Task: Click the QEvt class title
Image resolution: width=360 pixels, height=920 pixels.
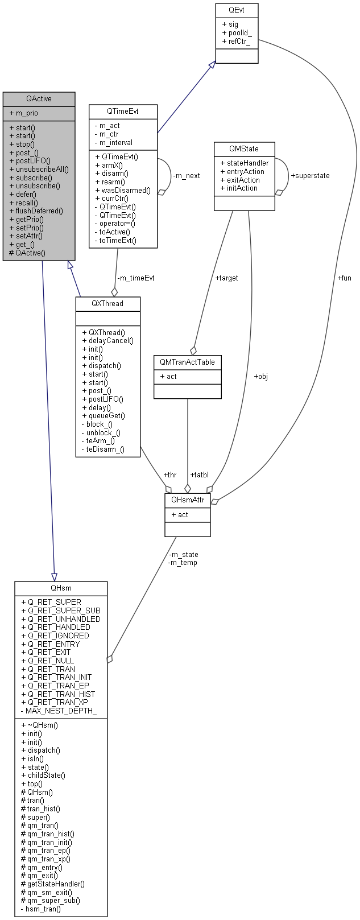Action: pyautogui.click(x=237, y=10)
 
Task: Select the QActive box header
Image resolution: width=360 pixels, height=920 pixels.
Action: pyautogui.click(x=39, y=98)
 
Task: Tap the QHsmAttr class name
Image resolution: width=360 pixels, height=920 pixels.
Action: pyautogui.click(x=187, y=500)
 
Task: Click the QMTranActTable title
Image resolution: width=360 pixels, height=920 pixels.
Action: pyautogui.click(x=187, y=362)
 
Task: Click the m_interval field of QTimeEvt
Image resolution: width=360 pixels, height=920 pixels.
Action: pyautogui.click(x=115, y=142)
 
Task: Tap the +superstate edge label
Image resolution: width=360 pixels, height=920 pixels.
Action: pyautogui.click(x=310, y=175)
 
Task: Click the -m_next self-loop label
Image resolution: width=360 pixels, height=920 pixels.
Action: pyautogui.click(x=186, y=175)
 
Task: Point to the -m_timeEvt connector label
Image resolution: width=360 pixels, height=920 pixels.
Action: pyautogui.click(x=135, y=278)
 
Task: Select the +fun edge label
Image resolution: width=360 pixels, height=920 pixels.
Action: pyautogui.click(x=344, y=278)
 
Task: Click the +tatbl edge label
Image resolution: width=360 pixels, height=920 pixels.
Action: pyautogui.click(x=200, y=474)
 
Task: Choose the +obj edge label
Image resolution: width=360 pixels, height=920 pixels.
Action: pyautogui.click(x=260, y=376)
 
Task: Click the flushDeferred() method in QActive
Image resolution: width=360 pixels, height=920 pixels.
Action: pyautogui.click(x=39, y=211)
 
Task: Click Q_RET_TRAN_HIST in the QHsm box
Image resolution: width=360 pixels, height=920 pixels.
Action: pyautogui.click(x=61, y=694)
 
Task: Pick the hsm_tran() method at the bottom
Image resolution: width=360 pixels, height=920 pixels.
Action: pyautogui.click(x=43, y=909)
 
